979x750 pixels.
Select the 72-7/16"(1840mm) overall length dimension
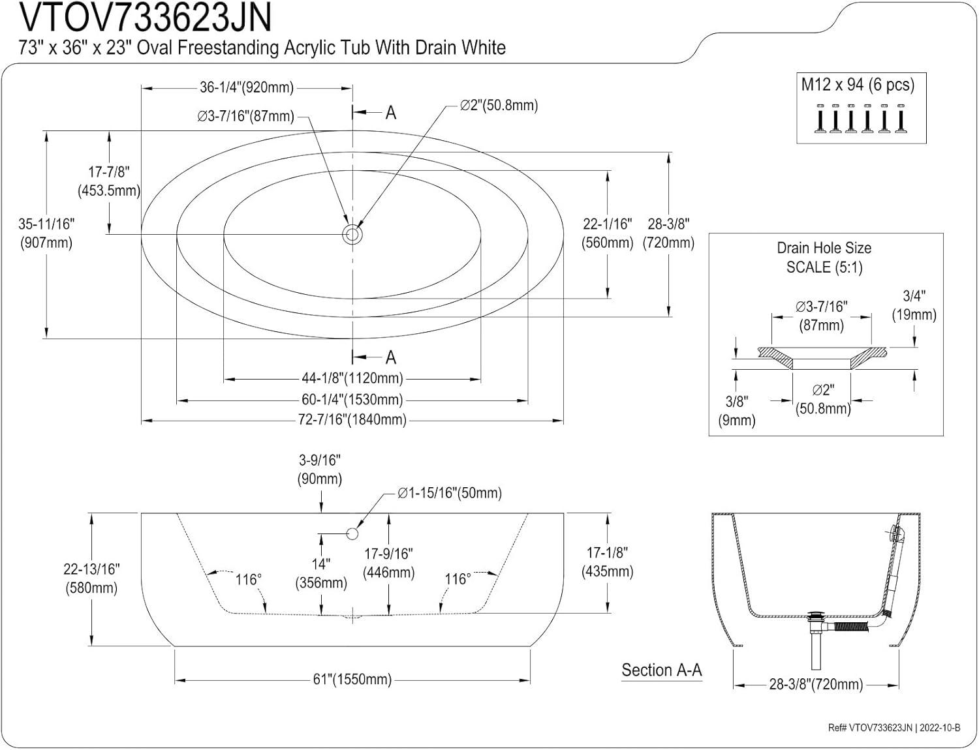pos(352,420)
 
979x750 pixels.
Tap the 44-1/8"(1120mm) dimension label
pos(352,378)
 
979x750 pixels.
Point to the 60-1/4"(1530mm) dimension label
pos(352,400)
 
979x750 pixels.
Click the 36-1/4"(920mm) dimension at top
pos(246,87)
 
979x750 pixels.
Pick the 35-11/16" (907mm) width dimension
pos(46,233)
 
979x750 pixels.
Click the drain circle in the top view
pos(352,233)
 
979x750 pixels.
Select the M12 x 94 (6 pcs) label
pos(858,85)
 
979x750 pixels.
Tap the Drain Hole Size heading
pos(824,248)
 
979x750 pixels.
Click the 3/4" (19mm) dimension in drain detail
pos(914,305)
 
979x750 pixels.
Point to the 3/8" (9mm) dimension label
pos(737,411)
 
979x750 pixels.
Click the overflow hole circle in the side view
pos(352,533)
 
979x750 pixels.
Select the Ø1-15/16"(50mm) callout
pos(450,493)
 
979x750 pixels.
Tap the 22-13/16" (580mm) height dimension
pos(91,578)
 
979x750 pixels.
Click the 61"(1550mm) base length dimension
pos(352,680)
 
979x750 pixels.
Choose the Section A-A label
pos(661,670)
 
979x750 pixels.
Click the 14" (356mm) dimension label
pos(320,573)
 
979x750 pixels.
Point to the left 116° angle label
pos(249,579)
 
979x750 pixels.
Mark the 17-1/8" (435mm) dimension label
pos(607,562)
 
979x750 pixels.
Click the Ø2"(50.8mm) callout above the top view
pos(499,106)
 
